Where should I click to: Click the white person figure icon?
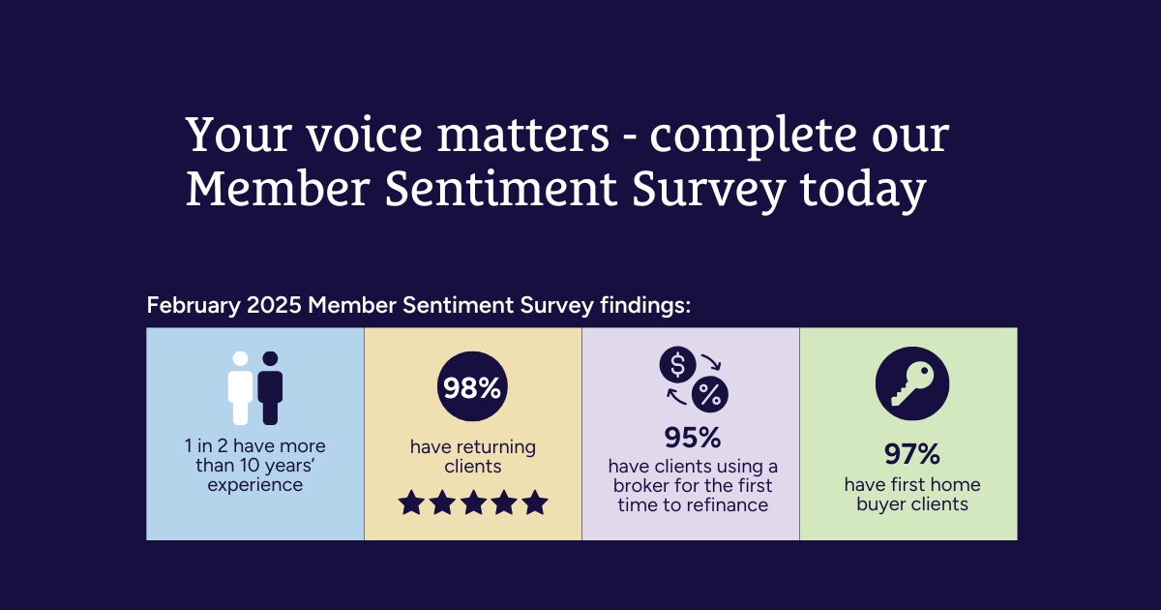point(241,388)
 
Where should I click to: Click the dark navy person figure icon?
point(270,388)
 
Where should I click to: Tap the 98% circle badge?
point(472,386)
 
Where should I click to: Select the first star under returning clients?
point(411,503)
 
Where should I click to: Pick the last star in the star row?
point(535,503)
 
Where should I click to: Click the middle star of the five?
point(473,503)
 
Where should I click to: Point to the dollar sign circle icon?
point(677,364)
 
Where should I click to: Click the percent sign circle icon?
point(710,395)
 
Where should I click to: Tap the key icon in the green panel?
point(912,383)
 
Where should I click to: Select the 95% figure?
point(693,438)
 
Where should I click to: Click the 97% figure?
point(912,454)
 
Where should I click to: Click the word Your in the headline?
point(239,135)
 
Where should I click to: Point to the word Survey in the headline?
point(708,190)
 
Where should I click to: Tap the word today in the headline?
point(863,190)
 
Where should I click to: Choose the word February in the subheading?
point(193,305)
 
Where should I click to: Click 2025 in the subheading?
point(274,305)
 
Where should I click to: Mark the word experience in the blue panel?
point(255,485)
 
